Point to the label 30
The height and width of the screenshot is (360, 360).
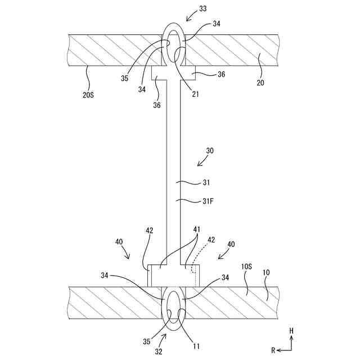(x=210, y=151)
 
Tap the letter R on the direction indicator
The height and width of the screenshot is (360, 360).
(x=272, y=350)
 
